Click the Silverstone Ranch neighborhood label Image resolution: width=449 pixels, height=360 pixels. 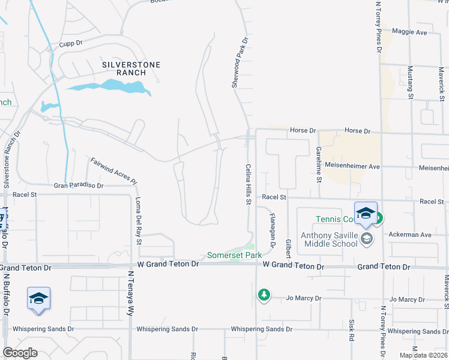pyautogui.click(x=124, y=68)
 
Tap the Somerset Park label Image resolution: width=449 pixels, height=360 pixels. pyautogui.click(x=234, y=255)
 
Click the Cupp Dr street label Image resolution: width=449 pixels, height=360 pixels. pyautogui.click(x=70, y=44)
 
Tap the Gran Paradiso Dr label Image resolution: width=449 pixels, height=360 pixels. pyautogui.click(x=79, y=186)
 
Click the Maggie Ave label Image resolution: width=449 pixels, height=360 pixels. pyautogui.click(x=409, y=32)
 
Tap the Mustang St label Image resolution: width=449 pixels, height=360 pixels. pyautogui.click(x=411, y=82)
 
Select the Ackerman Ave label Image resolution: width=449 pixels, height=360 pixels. pyautogui.click(x=411, y=235)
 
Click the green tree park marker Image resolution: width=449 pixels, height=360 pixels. pyautogui.click(x=263, y=295)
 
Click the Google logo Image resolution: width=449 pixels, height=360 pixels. pyautogui.click(x=20, y=353)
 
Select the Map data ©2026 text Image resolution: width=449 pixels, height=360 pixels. pyautogui.click(x=423, y=355)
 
